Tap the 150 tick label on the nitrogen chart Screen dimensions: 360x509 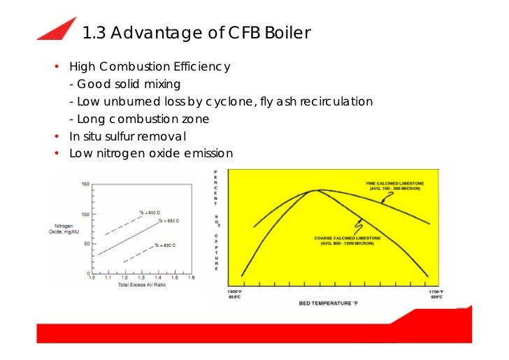pyautogui.click(x=85, y=185)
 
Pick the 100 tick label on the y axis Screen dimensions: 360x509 pyautogui.click(x=85, y=214)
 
